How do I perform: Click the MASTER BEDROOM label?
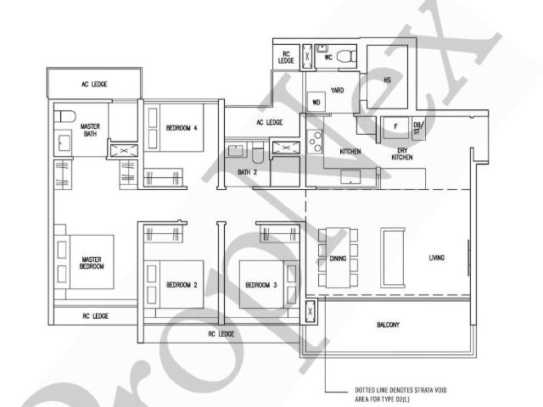(92, 263)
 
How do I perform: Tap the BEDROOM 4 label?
(182, 128)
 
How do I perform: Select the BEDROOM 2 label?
(182, 285)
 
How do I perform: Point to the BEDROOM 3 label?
(261, 285)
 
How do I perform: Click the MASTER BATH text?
(90, 130)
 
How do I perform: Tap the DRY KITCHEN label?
(403, 154)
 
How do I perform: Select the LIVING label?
(437, 258)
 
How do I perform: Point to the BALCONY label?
(388, 325)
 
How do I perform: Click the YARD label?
(337, 89)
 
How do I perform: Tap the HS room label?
(387, 80)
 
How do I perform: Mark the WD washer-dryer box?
(316, 103)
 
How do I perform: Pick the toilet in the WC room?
(345, 57)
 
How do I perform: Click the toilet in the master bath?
(66, 115)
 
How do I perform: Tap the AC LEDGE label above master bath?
(94, 84)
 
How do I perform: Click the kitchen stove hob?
(316, 141)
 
